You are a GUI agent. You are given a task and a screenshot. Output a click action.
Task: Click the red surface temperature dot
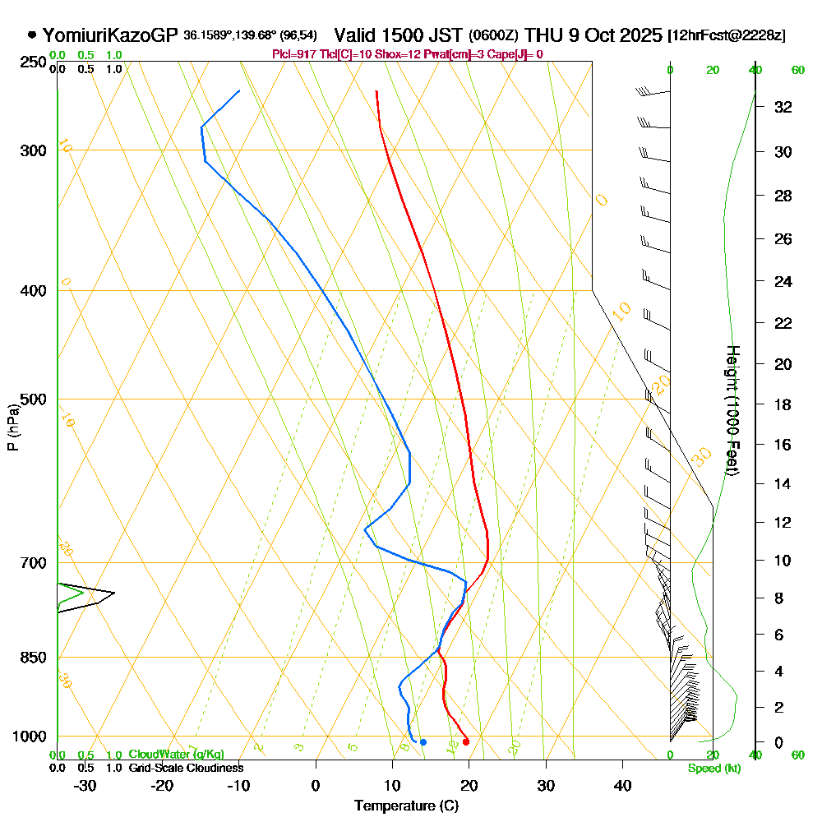point(466,741)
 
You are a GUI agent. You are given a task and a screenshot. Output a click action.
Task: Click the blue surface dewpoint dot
point(423,742)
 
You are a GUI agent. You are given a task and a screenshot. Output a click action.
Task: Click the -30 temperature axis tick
point(85,785)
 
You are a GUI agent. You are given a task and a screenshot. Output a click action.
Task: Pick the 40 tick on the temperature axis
point(622,785)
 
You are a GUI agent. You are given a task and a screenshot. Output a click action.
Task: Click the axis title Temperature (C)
point(406,806)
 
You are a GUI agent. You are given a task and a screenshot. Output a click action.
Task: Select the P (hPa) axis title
point(12,427)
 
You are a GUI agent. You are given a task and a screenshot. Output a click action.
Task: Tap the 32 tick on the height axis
point(783,107)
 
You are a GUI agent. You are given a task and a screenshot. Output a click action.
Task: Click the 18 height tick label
point(783,404)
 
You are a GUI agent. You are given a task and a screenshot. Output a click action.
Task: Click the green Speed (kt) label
point(713,769)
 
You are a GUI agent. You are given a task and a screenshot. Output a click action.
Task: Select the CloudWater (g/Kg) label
point(176,755)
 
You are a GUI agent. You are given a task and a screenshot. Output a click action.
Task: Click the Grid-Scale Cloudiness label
point(185,768)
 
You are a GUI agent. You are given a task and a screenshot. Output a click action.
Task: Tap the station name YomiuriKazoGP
point(109,35)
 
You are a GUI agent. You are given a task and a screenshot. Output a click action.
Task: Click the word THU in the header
point(544,35)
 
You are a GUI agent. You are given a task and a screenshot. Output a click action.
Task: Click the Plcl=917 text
point(293,54)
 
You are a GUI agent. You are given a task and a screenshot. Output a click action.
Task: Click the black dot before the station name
point(31,35)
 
